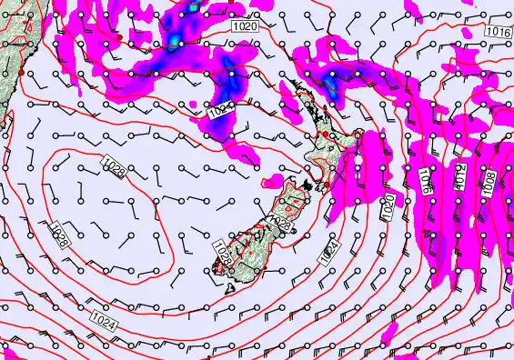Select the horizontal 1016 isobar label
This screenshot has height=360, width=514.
(x=497, y=31)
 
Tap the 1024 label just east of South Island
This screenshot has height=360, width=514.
(x=328, y=254)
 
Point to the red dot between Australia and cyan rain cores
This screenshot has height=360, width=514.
(x=118, y=37)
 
